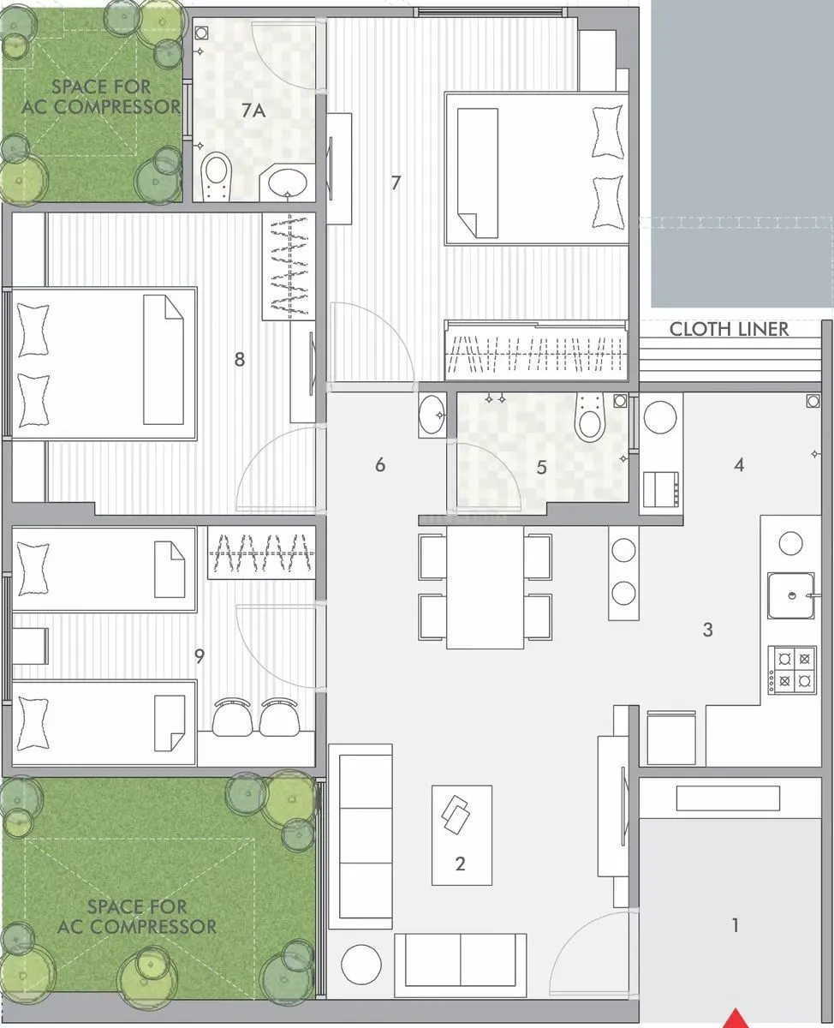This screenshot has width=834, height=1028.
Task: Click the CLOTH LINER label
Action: [x=729, y=329]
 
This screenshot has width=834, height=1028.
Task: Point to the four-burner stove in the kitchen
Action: [x=792, y=669]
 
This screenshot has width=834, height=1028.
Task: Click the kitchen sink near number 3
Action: [x=791, y=595]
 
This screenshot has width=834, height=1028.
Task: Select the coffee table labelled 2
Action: [x=462, y=834]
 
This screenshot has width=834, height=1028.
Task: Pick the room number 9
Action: [x=200, y=656]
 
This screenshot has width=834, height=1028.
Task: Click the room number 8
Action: [x=240, y=360]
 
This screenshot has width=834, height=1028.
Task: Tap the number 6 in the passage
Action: [x=380, y=465]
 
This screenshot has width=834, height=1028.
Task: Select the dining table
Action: [x=485, y=587]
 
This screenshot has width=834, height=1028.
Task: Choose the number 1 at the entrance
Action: [x=735, y=925]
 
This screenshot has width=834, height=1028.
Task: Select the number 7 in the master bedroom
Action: [x=396, y=182]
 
